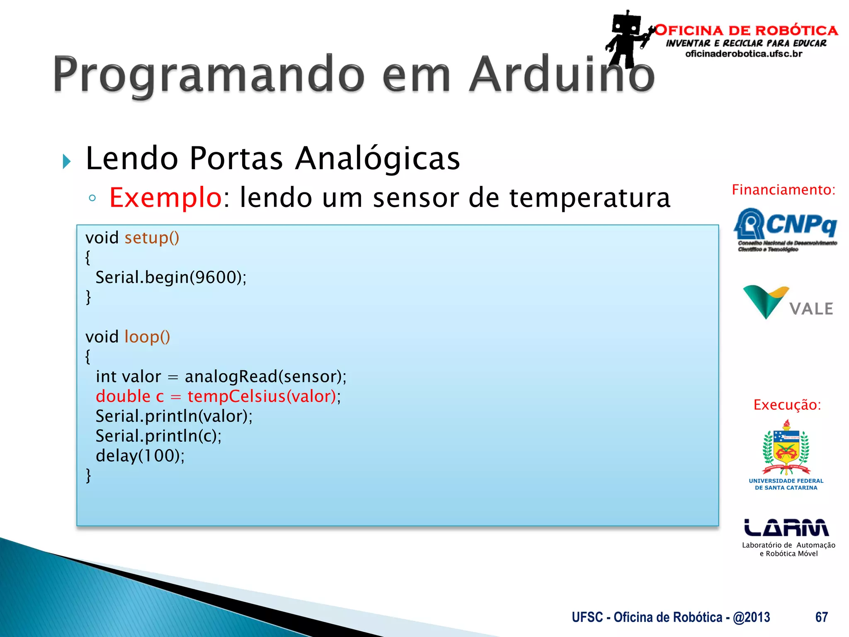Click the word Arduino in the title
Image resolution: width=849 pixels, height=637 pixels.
point(562,75)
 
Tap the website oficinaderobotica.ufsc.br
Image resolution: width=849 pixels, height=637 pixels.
point(744,54)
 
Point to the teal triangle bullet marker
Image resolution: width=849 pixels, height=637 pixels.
point(67,161)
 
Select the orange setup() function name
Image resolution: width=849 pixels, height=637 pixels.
point(152,238)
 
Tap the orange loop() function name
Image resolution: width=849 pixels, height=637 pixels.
point(147,337)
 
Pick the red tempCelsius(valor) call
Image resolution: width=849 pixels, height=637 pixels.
point(261,396)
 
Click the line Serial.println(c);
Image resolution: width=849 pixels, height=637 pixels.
point(158,436)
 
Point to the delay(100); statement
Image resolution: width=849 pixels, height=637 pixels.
point(140,456)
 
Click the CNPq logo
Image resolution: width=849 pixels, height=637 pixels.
point(785,229)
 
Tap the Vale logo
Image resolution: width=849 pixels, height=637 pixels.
point(788,303)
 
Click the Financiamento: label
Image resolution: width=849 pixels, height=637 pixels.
point(783,190)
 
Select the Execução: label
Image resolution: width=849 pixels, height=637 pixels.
point(787,405)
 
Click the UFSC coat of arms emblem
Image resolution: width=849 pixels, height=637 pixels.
point(786,449)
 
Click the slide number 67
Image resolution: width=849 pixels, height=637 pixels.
point(821,617)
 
